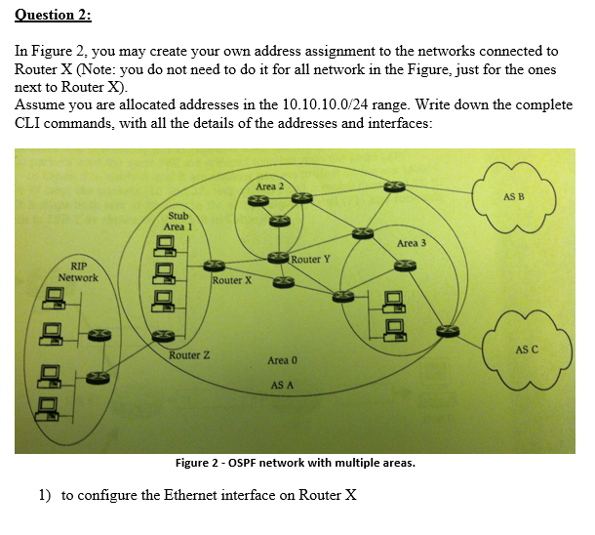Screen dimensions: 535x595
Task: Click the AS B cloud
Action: coord(513,197)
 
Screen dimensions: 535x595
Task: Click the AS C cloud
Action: coord(525,349)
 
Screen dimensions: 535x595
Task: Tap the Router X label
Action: coord(232,280)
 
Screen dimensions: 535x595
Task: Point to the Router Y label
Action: coord(311,259)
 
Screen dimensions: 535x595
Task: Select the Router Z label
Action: coord(189,354)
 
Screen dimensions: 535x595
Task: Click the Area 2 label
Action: coord(269,185)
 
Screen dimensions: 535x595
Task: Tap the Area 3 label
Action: coord(412,242)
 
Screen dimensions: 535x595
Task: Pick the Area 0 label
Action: coord(283,360)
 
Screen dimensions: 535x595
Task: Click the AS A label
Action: coord(283,385)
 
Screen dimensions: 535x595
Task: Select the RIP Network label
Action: coord(78,271)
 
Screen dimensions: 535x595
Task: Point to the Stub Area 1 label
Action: coord(178,221)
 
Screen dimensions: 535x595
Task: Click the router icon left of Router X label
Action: coord(214,264)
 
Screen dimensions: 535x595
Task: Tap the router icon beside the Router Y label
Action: coord(279,257)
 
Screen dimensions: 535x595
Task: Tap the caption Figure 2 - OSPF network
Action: coord(294,463)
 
